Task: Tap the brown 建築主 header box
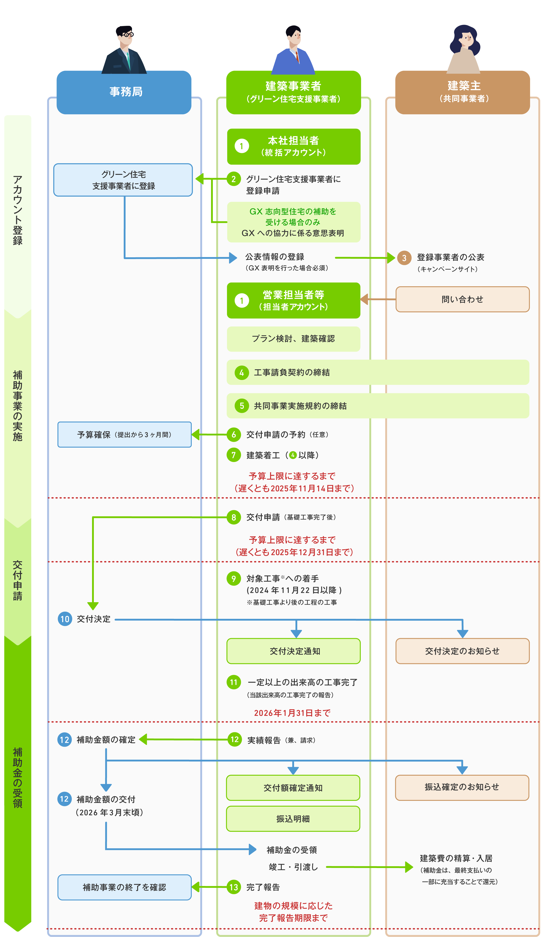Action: click(462, 92)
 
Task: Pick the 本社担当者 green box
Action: click(293, 147)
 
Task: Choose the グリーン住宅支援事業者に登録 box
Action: click(123, 180)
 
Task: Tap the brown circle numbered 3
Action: click(404, 258)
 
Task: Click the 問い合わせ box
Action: click(462, 299)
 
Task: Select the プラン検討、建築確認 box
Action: click(293, 339)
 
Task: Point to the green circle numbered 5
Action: click(242, 406)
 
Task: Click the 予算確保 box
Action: click(124, 434)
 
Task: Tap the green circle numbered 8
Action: click(234, 517)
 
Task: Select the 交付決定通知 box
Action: click(293, 651)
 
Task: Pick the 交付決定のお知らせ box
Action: click(462, 651)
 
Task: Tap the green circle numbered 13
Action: click(234, 887)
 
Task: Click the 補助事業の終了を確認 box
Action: click(124, 887)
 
